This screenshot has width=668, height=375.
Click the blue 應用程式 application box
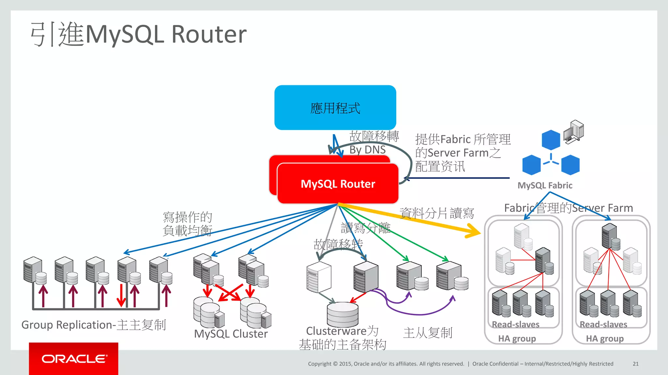335,107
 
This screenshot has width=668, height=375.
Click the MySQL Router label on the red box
338,184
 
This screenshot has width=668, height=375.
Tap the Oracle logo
74,359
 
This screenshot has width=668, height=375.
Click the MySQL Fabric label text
545,186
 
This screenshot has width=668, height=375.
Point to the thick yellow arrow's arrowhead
473,231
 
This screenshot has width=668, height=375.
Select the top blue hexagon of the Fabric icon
551,140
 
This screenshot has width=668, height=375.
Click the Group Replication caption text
94,325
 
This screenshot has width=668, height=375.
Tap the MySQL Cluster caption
231,334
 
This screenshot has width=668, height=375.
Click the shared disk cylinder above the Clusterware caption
342,314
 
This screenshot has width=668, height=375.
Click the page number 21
635,364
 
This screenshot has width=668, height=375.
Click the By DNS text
367,150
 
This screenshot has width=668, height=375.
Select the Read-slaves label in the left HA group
515,325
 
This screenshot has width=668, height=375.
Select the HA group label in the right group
604,339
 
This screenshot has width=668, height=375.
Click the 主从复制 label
428,333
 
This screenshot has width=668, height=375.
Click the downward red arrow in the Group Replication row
121,295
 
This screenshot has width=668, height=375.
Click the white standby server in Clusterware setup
319,277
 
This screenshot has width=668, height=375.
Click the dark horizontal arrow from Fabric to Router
457,178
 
